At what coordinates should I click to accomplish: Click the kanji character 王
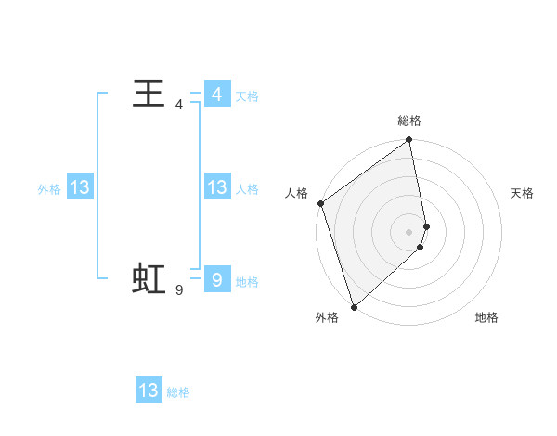(x=149, y=94)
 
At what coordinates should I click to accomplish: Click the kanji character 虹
(x=149, y=278)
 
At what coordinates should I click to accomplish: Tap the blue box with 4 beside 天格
(x=216, y=95)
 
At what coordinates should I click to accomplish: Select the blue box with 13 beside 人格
(x=216, y=187)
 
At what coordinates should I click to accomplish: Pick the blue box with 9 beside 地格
(x=216, y=279)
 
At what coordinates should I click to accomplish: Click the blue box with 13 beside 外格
(x=80, y=187)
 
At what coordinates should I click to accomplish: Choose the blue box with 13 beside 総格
(x=149, y=391)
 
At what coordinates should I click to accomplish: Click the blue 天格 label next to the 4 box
(x=246, y=96)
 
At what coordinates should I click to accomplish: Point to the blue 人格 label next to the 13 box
(x=246, y=188)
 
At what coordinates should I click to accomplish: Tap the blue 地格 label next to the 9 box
(x=246, y=281)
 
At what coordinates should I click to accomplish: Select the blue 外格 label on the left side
(x=49, y=188)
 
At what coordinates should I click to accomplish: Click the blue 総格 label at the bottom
(x=178, y=391)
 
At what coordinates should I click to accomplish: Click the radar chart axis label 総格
(x=409, y=121)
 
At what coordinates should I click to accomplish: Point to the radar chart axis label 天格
(x=523, y=193)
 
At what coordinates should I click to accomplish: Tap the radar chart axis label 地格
(x=486, y=317)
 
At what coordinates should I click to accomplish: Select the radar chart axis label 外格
(x=327, y=317)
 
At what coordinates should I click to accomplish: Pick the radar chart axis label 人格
(x=296, y=193)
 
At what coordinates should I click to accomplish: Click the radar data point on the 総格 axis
(x=409, y=141)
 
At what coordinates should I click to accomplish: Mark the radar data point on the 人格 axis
(x=320, y=203)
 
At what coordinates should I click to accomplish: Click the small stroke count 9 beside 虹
(x=178, y=290)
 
